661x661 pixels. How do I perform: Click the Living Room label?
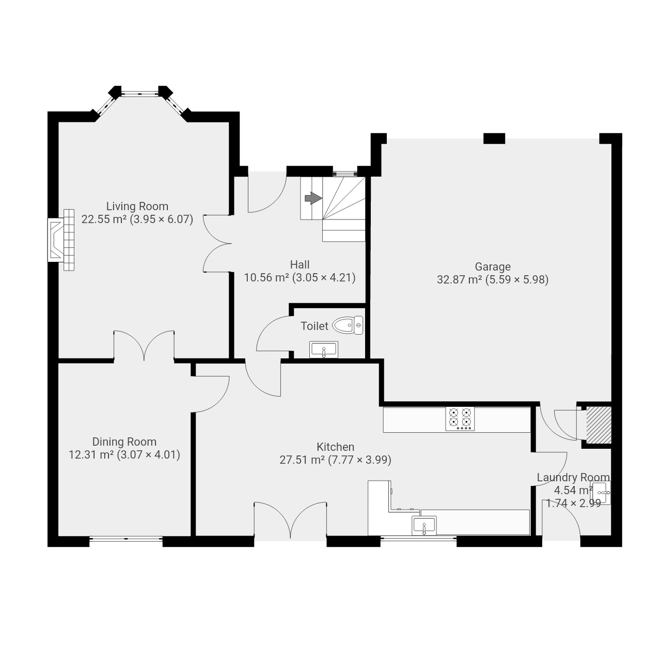click(137, 207)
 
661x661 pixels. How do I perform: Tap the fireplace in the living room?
click(61, 240)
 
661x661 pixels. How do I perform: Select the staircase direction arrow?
click(313, 198)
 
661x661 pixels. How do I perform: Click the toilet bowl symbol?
click(348, 325)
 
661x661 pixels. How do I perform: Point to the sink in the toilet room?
click(323, 350)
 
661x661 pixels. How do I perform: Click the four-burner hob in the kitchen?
click(460, 419)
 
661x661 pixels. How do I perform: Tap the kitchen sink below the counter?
click(424, 526)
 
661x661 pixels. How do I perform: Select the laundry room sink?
click(600, 493)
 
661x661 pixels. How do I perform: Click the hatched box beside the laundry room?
click(599, 425)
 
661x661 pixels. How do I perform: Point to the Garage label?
click(493, 266)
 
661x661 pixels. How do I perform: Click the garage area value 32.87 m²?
click(460, 279)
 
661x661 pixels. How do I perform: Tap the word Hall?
click(300, 264)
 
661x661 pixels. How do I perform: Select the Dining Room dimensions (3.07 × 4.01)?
click(149, 455)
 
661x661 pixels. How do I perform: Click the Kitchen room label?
click(336, 447)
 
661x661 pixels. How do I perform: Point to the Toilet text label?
click(314, 326)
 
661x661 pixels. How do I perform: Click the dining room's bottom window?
click(126, 539)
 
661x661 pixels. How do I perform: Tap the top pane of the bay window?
click(140, 92)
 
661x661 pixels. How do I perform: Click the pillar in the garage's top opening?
click(494, 138)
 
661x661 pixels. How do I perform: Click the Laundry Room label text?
click(573, 478)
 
